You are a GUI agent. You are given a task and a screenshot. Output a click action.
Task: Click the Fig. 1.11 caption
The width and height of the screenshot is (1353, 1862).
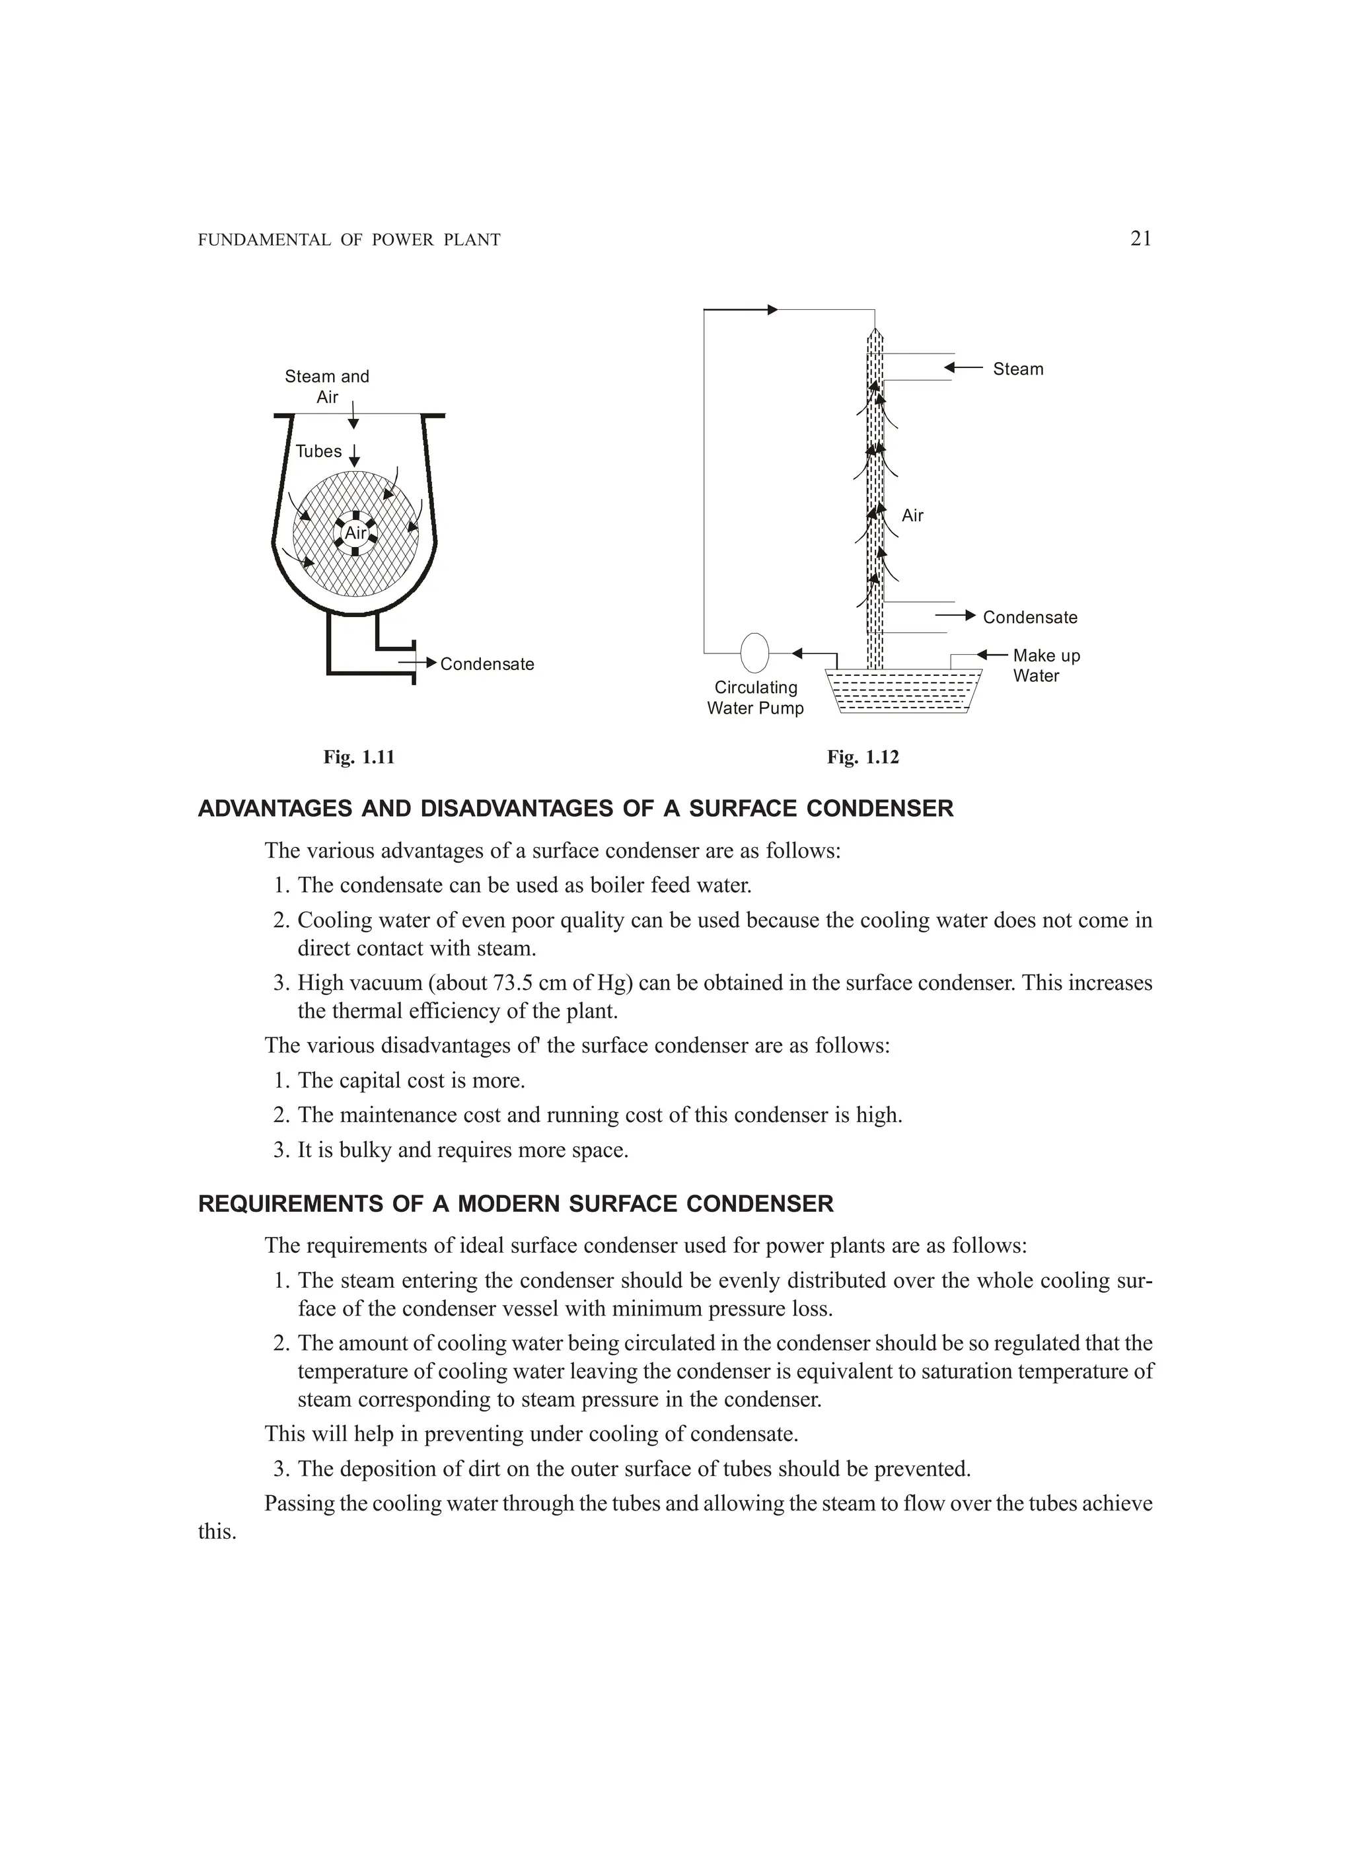(359, 757)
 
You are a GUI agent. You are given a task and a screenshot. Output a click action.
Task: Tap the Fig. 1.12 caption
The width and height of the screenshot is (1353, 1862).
(863, 757)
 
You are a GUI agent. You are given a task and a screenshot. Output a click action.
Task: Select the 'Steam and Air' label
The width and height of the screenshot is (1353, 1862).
(327, 387)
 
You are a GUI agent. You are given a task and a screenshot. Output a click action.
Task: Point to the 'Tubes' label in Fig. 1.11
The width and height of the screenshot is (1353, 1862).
(318, 451)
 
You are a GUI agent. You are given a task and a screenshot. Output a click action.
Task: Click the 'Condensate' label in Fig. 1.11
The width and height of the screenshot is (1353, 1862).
(487, 664)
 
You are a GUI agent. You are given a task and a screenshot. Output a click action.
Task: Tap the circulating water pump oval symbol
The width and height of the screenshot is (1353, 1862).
(754, 653)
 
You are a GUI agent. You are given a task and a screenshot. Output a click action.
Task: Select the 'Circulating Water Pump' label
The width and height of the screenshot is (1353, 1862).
(755, 698)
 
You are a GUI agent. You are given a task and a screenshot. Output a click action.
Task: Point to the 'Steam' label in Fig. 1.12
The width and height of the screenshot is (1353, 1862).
(1018, 369)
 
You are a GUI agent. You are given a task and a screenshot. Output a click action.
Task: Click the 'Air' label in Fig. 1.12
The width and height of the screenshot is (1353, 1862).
(912, 515)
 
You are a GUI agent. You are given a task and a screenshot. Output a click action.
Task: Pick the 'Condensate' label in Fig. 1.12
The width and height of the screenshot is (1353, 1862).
(1029, 617)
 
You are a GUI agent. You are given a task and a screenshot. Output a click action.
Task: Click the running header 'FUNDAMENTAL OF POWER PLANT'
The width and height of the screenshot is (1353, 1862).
(349, 241)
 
